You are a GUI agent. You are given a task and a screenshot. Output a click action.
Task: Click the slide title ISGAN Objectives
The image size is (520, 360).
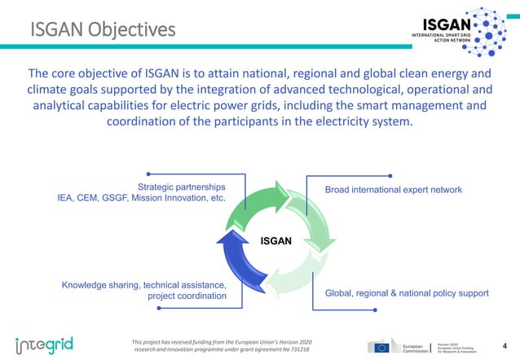pos(103,31)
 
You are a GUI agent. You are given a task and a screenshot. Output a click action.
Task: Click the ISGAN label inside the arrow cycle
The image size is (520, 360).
pos(275,241)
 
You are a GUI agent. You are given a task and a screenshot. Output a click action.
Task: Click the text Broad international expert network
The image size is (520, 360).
pos(393,190)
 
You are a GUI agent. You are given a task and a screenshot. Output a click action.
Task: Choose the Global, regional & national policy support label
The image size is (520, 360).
pos(406,293)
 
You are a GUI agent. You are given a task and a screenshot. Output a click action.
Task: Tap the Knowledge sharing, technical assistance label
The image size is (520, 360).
pos(143,285)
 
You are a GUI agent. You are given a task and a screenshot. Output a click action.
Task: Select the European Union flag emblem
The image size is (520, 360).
pos(380,345)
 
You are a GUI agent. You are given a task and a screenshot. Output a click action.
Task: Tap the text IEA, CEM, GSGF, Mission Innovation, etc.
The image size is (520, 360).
pos(140,198)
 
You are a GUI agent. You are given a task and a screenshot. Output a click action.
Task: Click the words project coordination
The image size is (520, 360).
pos(187,296)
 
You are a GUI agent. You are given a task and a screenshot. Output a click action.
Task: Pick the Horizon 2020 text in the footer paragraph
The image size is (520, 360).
pos(292,340)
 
